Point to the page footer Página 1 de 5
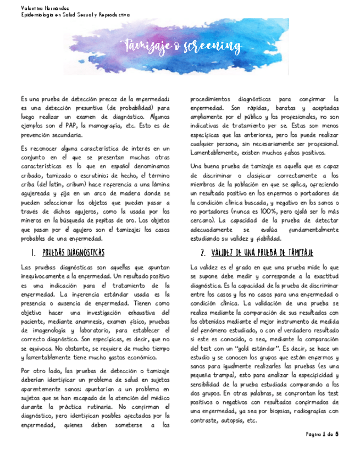pyautogui.click(x=322, y=434)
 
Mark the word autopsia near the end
pyautogui.click(x=231, y=420)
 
